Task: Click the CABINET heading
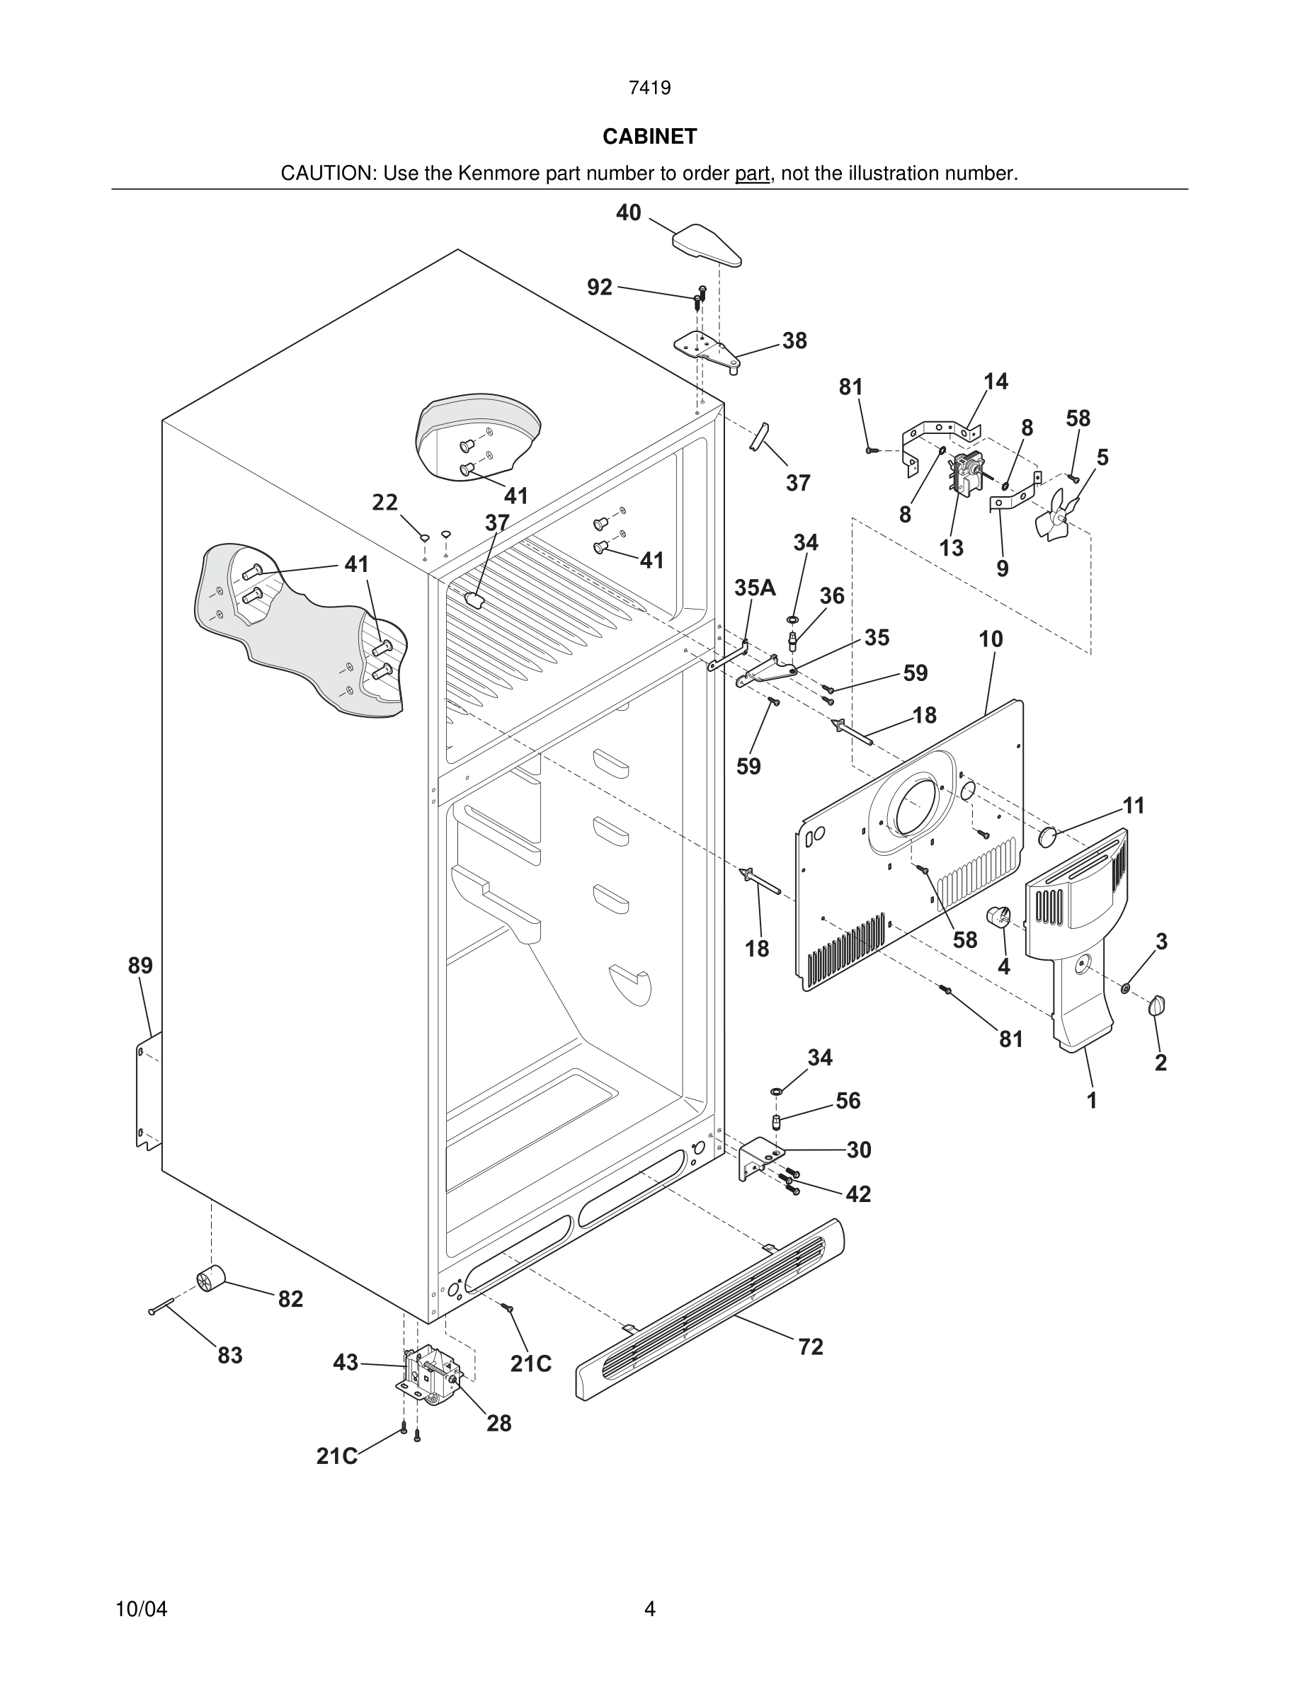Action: tap(649, 137)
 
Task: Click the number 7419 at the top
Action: tap(649, 88)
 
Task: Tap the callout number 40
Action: tap(629, 212)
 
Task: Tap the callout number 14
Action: tap(995, 382)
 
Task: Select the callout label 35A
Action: tap(754, 588)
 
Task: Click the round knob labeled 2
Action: tap(1157, 1005)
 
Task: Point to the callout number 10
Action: tap(991, 639)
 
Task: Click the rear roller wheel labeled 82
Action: tap(210, 1278)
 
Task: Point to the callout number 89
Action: tap(140, 965)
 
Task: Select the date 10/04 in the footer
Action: tap(141, 1609)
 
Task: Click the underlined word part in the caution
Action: tap(752, 174)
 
